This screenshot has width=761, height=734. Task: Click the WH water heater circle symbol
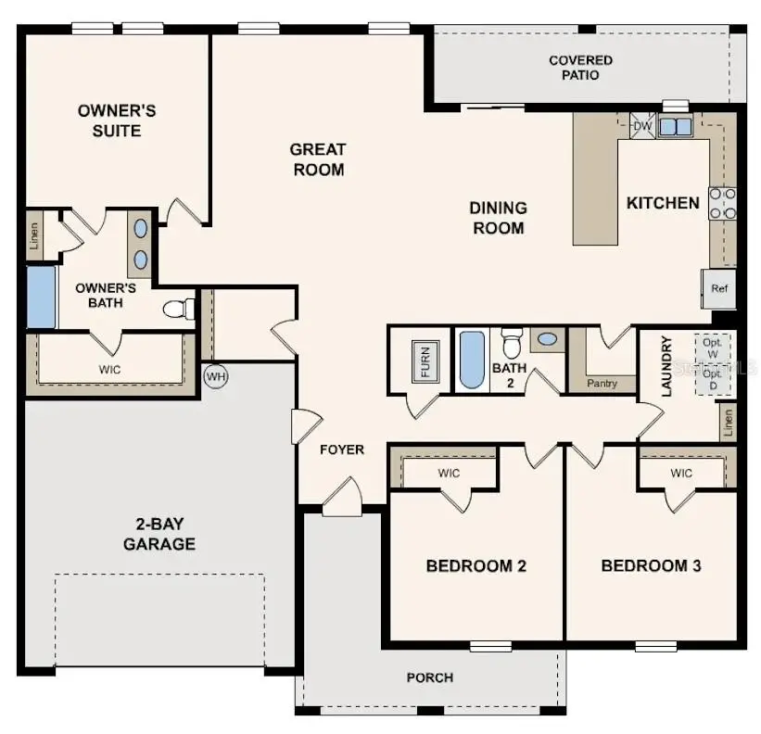tap(215, 377)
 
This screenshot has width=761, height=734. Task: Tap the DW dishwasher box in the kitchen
tap(642, 126)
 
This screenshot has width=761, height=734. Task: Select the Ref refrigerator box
tap(719, 288)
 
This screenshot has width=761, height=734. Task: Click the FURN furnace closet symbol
tap(425, 361)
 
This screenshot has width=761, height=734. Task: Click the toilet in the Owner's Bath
tap(179, 308)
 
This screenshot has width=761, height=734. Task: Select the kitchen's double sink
tap(676, 127)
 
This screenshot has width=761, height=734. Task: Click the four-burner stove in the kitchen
tap(723, 204)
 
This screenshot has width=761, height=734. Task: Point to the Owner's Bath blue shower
tap(41, 297)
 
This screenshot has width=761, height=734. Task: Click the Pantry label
tap(602, 382)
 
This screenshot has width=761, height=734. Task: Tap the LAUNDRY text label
tap(666, 367)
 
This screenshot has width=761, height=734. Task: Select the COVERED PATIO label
tap(580, 68)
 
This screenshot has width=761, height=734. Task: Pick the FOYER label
tap(342, 449)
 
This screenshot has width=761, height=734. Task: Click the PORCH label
tap(430, 677)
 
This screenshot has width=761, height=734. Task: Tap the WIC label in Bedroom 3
tap(681, 474)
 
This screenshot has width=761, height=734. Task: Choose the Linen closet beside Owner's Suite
tap(34, 235)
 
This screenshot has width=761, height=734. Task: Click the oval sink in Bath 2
tap(547, 339)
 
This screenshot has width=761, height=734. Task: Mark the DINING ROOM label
tap(499, 218)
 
